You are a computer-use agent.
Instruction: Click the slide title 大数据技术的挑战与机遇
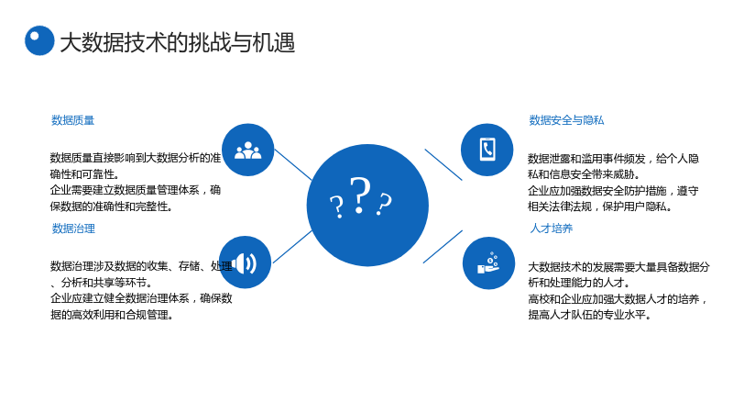coord(178,42)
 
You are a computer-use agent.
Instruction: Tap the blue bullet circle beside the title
coord(39,40)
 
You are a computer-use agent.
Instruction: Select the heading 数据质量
coord(72,120)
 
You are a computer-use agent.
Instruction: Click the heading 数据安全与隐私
coord(566,120)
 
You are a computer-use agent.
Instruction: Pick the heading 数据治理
coord(73,229)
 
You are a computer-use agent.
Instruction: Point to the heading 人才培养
coord(552,229)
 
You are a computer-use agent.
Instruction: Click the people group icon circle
coord(247,150)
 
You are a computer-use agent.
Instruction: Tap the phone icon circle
coord(487,150)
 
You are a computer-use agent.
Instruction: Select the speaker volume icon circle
coord(245,262)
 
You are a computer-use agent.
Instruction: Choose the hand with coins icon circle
coord(488,263)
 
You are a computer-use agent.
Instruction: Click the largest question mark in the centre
coord(360,195)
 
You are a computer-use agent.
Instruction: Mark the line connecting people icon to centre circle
coord(292,164)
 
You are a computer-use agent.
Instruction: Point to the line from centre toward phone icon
coord(443,164)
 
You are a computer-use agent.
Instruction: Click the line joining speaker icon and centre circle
coord(292,247)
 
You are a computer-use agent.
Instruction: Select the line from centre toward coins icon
coord(443,247)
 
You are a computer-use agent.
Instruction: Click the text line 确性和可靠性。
coord(85,174)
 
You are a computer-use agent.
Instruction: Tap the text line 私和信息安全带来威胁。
coord(584,174)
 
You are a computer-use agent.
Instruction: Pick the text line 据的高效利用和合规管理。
coord(112,315)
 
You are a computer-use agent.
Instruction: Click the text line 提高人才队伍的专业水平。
coord(589,315)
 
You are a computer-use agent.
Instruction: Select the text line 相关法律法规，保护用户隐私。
coord(600,206)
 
